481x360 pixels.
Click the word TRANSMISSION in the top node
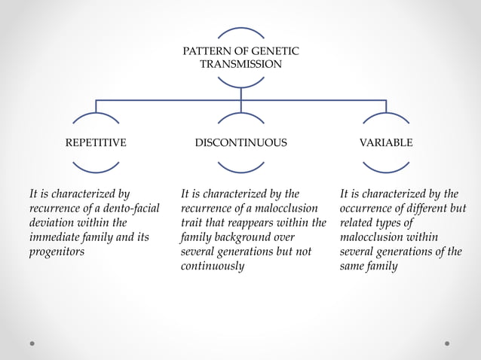(240, 64)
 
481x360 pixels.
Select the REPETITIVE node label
(96, 142)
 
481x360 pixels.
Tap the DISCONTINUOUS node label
(240, 142)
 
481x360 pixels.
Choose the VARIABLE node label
(386, 142)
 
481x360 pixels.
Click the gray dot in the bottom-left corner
(32, 343)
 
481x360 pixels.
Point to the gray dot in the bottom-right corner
(447, 343)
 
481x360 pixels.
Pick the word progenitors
(57, 252)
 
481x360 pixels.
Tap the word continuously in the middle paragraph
(213, 266)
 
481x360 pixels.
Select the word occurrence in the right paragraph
(370, 208)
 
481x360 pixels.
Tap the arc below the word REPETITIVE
(96, 167)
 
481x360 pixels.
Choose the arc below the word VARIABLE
(386, 167)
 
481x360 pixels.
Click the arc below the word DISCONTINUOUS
(240, 167)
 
